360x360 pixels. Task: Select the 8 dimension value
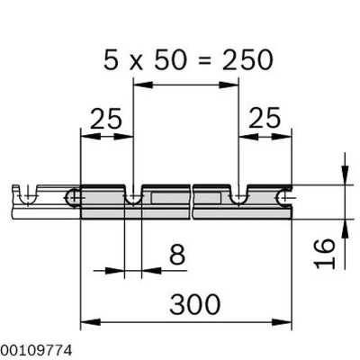click(x=177, y=255)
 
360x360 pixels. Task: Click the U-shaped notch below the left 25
click(x=133, y=195)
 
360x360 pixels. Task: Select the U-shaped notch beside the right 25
click(x=238, y=195)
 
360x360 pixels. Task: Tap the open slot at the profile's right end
click(x=285, y=195)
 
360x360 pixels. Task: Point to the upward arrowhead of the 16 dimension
click(x=344, y=225)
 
